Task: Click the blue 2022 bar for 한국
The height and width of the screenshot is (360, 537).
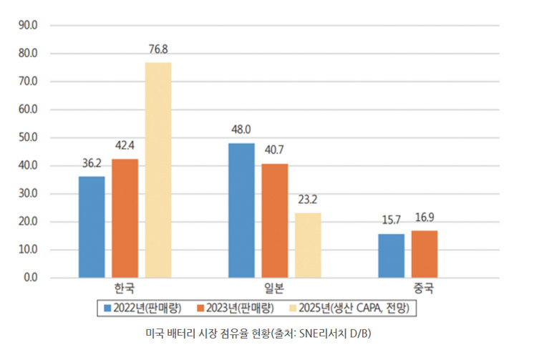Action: (x=92, y=227)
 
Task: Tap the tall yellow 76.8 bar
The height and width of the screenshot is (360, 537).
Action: (x=158, y=170)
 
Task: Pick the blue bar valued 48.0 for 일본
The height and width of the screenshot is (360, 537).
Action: (x=241, y=210)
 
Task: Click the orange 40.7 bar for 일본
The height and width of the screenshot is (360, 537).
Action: (x=274, y=220)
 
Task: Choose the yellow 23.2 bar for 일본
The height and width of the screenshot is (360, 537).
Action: (x=308, y=245)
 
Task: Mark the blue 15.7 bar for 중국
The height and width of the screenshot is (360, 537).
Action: (x=391, y=256)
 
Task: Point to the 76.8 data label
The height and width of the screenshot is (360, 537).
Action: (x=158, y=49)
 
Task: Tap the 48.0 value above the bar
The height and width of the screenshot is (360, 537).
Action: (x=241, y=130)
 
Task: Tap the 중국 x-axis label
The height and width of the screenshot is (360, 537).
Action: (x=424, y=290)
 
